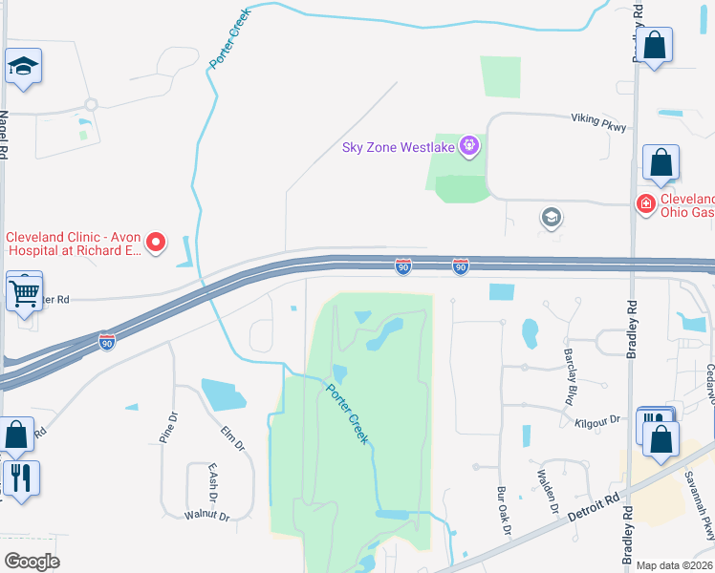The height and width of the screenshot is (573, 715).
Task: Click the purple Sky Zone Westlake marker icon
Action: (469, 146)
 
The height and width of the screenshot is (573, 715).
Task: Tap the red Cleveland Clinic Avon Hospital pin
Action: (157, 243)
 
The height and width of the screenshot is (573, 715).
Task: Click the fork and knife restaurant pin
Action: (21, 477)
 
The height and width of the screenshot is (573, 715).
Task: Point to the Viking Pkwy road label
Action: (598, 121)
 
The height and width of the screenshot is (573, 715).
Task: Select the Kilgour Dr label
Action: (598, 420)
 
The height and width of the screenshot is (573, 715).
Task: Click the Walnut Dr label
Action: (207, 517)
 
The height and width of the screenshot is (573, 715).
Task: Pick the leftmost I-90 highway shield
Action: (107, 339)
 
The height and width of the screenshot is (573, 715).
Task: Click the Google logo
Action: (32, 562)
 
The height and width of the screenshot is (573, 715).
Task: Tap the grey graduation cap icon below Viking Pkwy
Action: (551, 218)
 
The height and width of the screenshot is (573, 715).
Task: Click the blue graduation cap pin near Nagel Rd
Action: (23, 67)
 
